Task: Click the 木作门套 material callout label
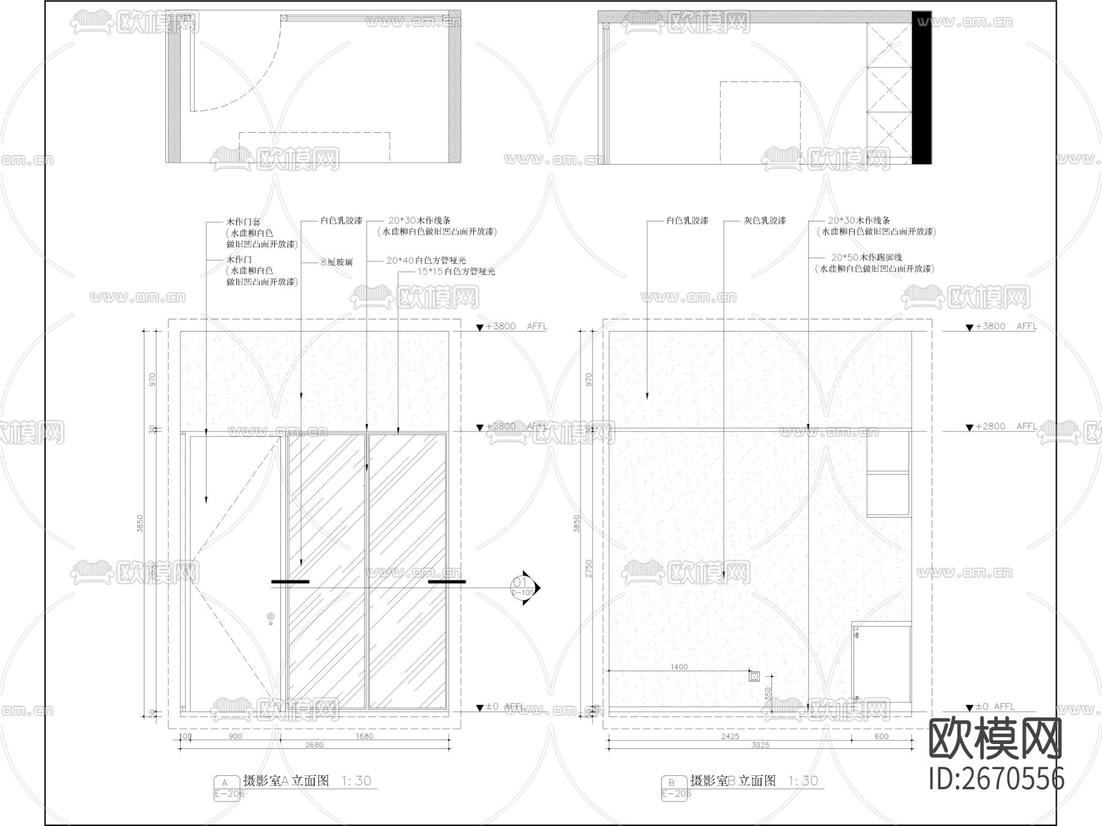(x=243, y=222)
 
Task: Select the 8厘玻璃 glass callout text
(x=337, y=262)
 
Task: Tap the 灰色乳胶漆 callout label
(x=765, y=220)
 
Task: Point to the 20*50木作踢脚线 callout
(x=866, y=258)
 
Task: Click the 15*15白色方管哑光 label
(x=456, y=272)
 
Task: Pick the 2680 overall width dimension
(x=314, y=745)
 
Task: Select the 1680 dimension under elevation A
(x=364, y=736)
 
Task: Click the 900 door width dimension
(x=235, y=736)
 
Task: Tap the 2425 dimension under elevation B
(x=730, y=736)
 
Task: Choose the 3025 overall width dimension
(x=760, y=745)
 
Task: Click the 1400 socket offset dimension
(x=679, y=667)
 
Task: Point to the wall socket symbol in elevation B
(x=754, y=676)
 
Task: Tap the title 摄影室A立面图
(x=286, y=781)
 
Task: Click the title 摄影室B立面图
(x=733, y=781)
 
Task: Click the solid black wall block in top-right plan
(x=921, y=87)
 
